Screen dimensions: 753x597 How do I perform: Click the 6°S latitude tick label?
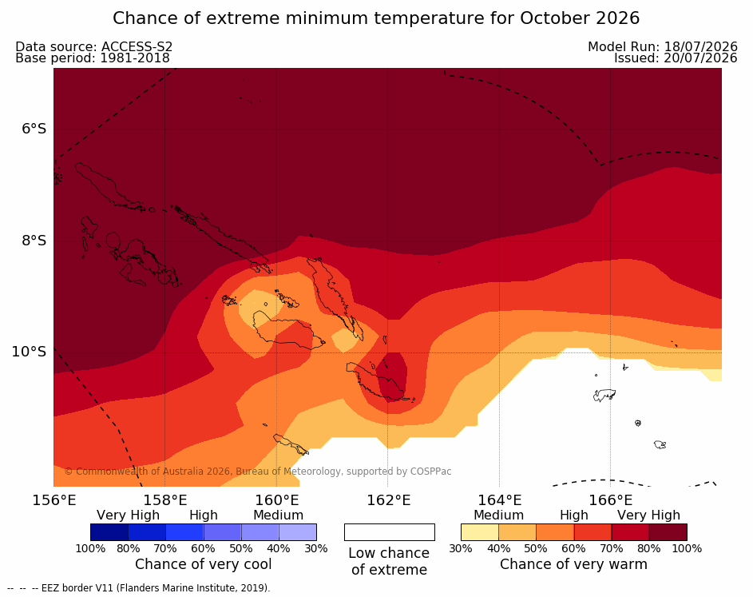tap(34, 129)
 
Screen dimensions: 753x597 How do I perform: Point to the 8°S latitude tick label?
tap(34, 241)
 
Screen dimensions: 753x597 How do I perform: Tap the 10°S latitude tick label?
tap(30, 352)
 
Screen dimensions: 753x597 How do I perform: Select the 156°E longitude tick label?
tap(54, 500)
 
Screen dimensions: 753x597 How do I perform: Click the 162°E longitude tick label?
tap(389, 500)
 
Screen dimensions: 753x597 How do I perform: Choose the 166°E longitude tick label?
tap(610, 500)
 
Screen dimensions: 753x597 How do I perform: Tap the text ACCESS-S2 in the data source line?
tap(137, 46)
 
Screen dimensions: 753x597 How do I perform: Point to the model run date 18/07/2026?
tap(700, 46)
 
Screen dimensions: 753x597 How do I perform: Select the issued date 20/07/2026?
tap(700, 58)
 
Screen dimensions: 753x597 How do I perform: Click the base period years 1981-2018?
tap(135, 58)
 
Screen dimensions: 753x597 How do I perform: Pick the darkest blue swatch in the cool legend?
tap(109, 532)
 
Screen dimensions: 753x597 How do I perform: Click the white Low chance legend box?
tap(390, 532)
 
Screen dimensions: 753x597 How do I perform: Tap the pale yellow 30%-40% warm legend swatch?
tap(480, 532)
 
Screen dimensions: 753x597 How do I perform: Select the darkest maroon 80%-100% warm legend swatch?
tap(668, 532)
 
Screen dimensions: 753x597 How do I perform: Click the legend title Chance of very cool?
tap(203, 564)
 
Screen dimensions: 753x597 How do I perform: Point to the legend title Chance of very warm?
tap(574, 564)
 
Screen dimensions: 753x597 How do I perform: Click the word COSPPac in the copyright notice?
tap(430, 472)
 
